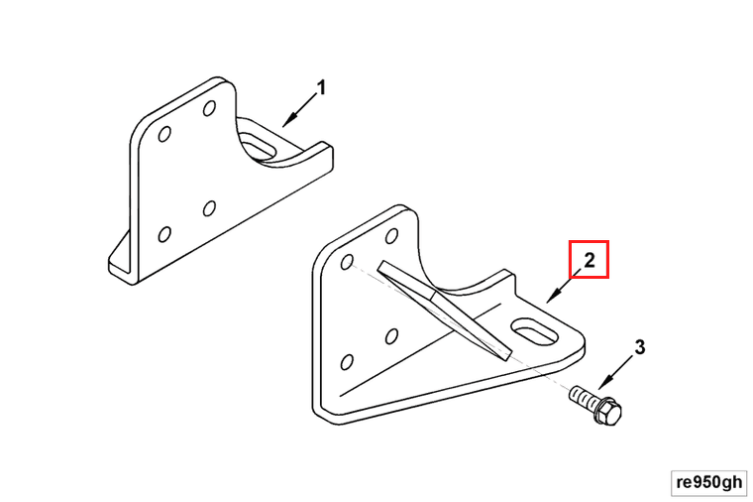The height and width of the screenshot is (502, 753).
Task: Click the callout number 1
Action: (322, 88)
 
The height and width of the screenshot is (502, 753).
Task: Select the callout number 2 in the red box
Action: (589, 260)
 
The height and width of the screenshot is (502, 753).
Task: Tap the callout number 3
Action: (640, 347)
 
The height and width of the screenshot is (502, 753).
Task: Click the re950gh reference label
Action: (708, 482)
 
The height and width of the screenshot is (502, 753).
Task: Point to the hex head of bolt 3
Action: (608, 412)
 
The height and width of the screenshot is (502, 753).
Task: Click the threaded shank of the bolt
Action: (583, 397)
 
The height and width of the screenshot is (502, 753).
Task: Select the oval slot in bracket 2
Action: (534, 330)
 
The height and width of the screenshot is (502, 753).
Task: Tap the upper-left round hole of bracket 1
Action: (164, 134)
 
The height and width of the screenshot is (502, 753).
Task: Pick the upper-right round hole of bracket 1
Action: (209, 108)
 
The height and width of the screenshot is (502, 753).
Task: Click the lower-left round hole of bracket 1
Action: (164, 234)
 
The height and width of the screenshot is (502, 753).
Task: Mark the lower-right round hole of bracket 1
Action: (209, 208)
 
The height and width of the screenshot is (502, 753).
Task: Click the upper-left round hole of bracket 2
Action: (347, 262)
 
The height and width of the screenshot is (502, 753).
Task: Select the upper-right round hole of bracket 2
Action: (392, 235)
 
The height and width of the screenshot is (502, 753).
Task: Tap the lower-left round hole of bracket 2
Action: (347, 362)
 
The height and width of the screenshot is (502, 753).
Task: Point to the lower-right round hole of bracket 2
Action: (391, 336)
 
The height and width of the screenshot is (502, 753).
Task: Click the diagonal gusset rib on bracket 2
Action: (444, 311)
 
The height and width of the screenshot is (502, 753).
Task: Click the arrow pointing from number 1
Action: (299, 110)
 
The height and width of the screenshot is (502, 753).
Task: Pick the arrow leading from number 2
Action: (564, 286)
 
